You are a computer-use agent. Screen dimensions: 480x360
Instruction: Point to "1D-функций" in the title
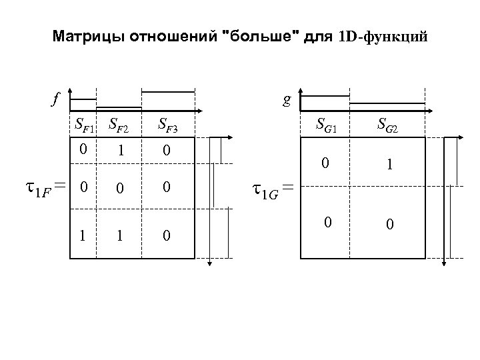[x=381, y=37]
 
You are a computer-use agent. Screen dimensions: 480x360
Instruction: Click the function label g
[x=286, y=101]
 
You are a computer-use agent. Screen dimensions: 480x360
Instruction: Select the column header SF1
[x=84, y=124]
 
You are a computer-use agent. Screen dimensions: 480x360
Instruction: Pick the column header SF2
[x=120, y=124]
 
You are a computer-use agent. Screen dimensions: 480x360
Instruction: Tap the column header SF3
[x=167, y=124]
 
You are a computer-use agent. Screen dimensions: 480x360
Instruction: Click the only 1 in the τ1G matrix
[x=390, y=162]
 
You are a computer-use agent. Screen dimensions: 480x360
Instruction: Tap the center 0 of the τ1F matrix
[x=120, y=190]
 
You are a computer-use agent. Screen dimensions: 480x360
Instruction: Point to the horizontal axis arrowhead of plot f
[x=199, y=110]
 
